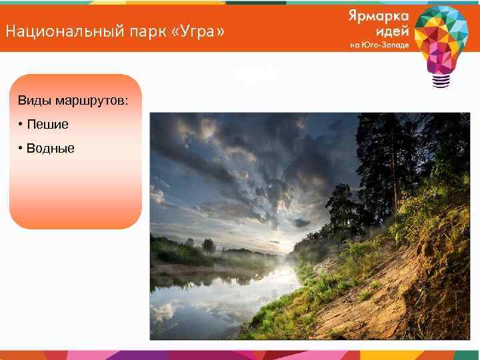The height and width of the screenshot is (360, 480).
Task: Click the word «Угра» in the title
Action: (x=208, y=31)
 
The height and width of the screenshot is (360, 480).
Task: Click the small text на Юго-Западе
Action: (x=377, y=45)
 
